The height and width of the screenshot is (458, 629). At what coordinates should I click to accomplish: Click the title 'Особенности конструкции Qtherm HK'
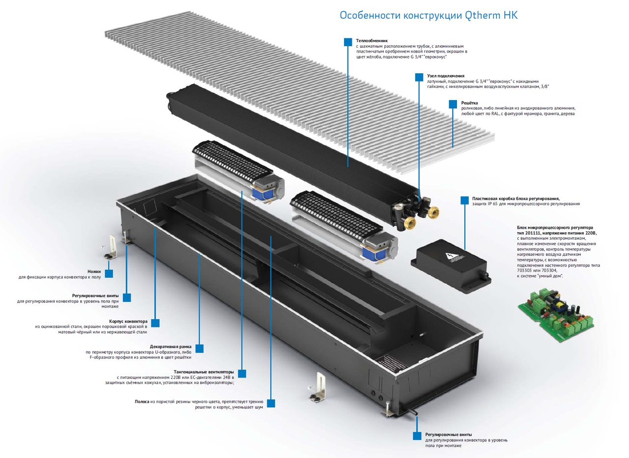coord(429,15)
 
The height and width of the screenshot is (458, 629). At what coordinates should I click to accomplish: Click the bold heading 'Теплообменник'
coord(372,40)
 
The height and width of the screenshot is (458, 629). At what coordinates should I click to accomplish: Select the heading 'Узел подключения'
coord(446,76)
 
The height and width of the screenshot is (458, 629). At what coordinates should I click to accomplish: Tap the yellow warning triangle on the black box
coord(450,256)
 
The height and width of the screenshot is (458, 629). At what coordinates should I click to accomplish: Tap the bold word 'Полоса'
coord(143,402)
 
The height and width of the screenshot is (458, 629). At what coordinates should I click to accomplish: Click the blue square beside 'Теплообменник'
coord(347,42)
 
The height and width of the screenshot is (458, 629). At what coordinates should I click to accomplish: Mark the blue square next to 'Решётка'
coord(453,104)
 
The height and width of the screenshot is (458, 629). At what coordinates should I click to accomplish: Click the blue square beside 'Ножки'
coord(109,273)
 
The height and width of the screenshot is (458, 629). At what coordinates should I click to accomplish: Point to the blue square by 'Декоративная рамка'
coord(200,348)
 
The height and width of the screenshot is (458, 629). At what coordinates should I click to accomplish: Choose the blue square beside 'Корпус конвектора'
coord(155,323)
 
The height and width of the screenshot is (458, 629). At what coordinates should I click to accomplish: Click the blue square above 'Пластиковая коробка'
coord(464,200)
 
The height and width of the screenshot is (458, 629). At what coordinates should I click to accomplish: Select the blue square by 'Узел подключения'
coord(419,77)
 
